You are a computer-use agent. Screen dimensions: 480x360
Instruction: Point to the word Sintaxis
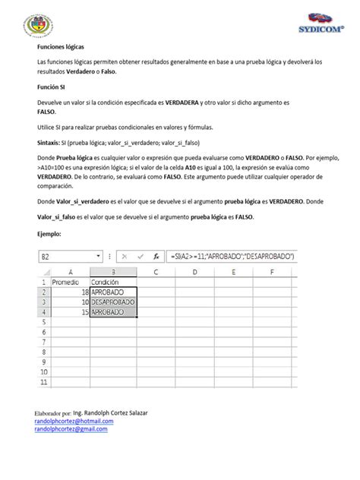pyautogui.click(x=51, y=143)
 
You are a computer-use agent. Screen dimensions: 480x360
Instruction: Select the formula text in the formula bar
pyautogui.click(x=232, y=257)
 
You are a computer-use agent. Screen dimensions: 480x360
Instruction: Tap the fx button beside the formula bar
pyautogui.click(x=155, y=257)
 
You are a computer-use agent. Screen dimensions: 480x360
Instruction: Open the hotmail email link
pyautogui.click(x=74, y=420)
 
